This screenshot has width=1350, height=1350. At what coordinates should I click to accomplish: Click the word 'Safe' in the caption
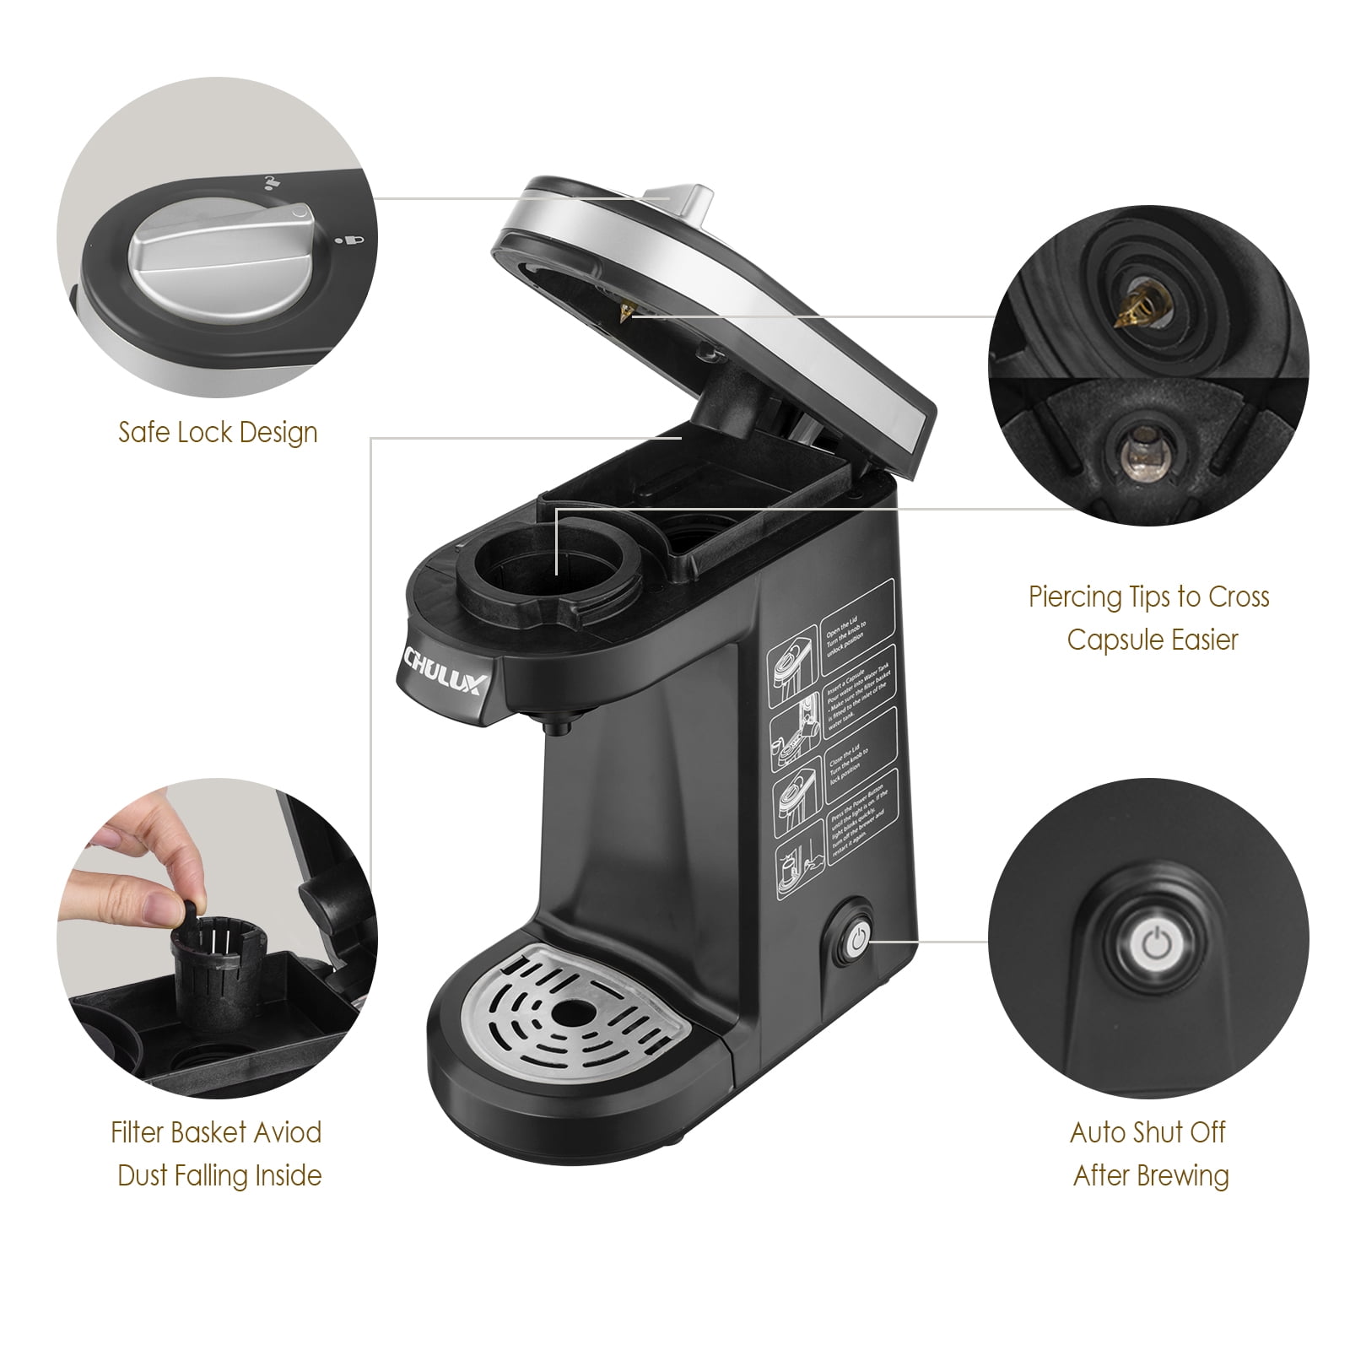[145, 433]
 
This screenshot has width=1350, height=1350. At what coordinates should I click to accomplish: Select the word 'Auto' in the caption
[1099, 1132]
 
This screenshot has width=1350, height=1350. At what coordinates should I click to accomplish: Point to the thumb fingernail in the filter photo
[101, 840]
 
